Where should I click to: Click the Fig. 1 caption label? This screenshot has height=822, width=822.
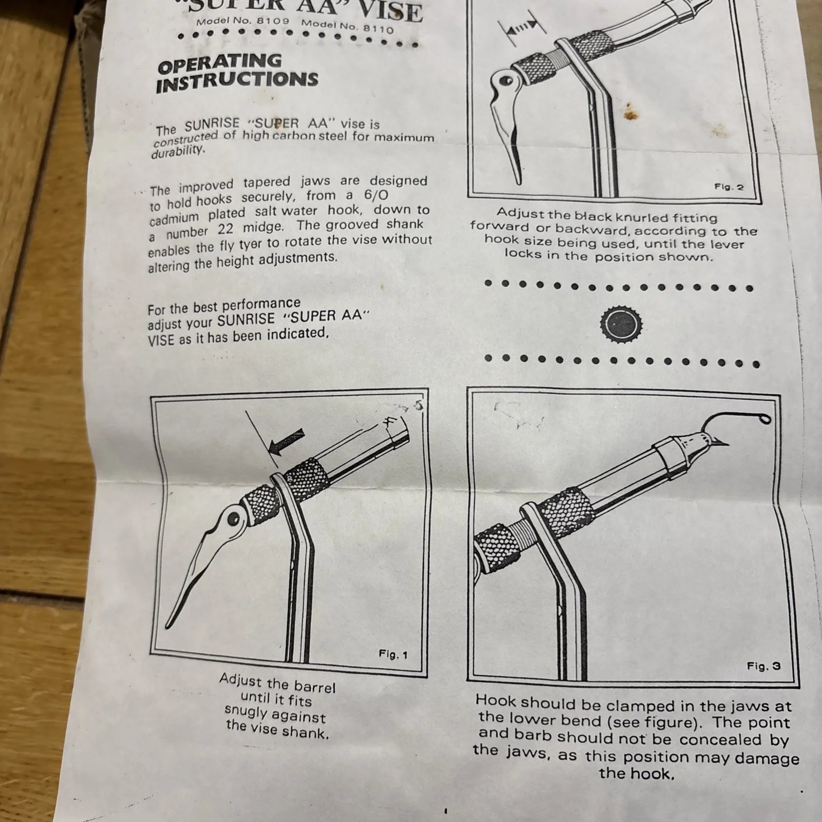coord(393,655)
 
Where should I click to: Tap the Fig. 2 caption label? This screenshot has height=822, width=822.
coord(729,187)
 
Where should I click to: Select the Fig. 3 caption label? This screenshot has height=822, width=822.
coord(763,666)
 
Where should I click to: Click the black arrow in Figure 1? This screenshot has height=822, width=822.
coord(287,442)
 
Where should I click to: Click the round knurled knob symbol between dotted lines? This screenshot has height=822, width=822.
coord(621,324)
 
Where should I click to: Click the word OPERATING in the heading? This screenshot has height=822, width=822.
coord(220,64)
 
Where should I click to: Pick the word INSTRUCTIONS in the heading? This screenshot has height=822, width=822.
coord(237,82)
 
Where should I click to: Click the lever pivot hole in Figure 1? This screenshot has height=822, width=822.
coord(234,519)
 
